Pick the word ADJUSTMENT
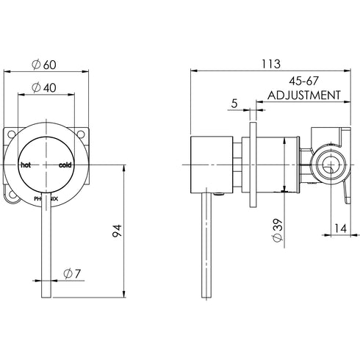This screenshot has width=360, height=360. [x=303, y=96]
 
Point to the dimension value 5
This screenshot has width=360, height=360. [x=233, y=104]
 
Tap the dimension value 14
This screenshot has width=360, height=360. [x=337, y=228]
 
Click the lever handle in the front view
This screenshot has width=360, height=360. [x=47, y=250]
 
